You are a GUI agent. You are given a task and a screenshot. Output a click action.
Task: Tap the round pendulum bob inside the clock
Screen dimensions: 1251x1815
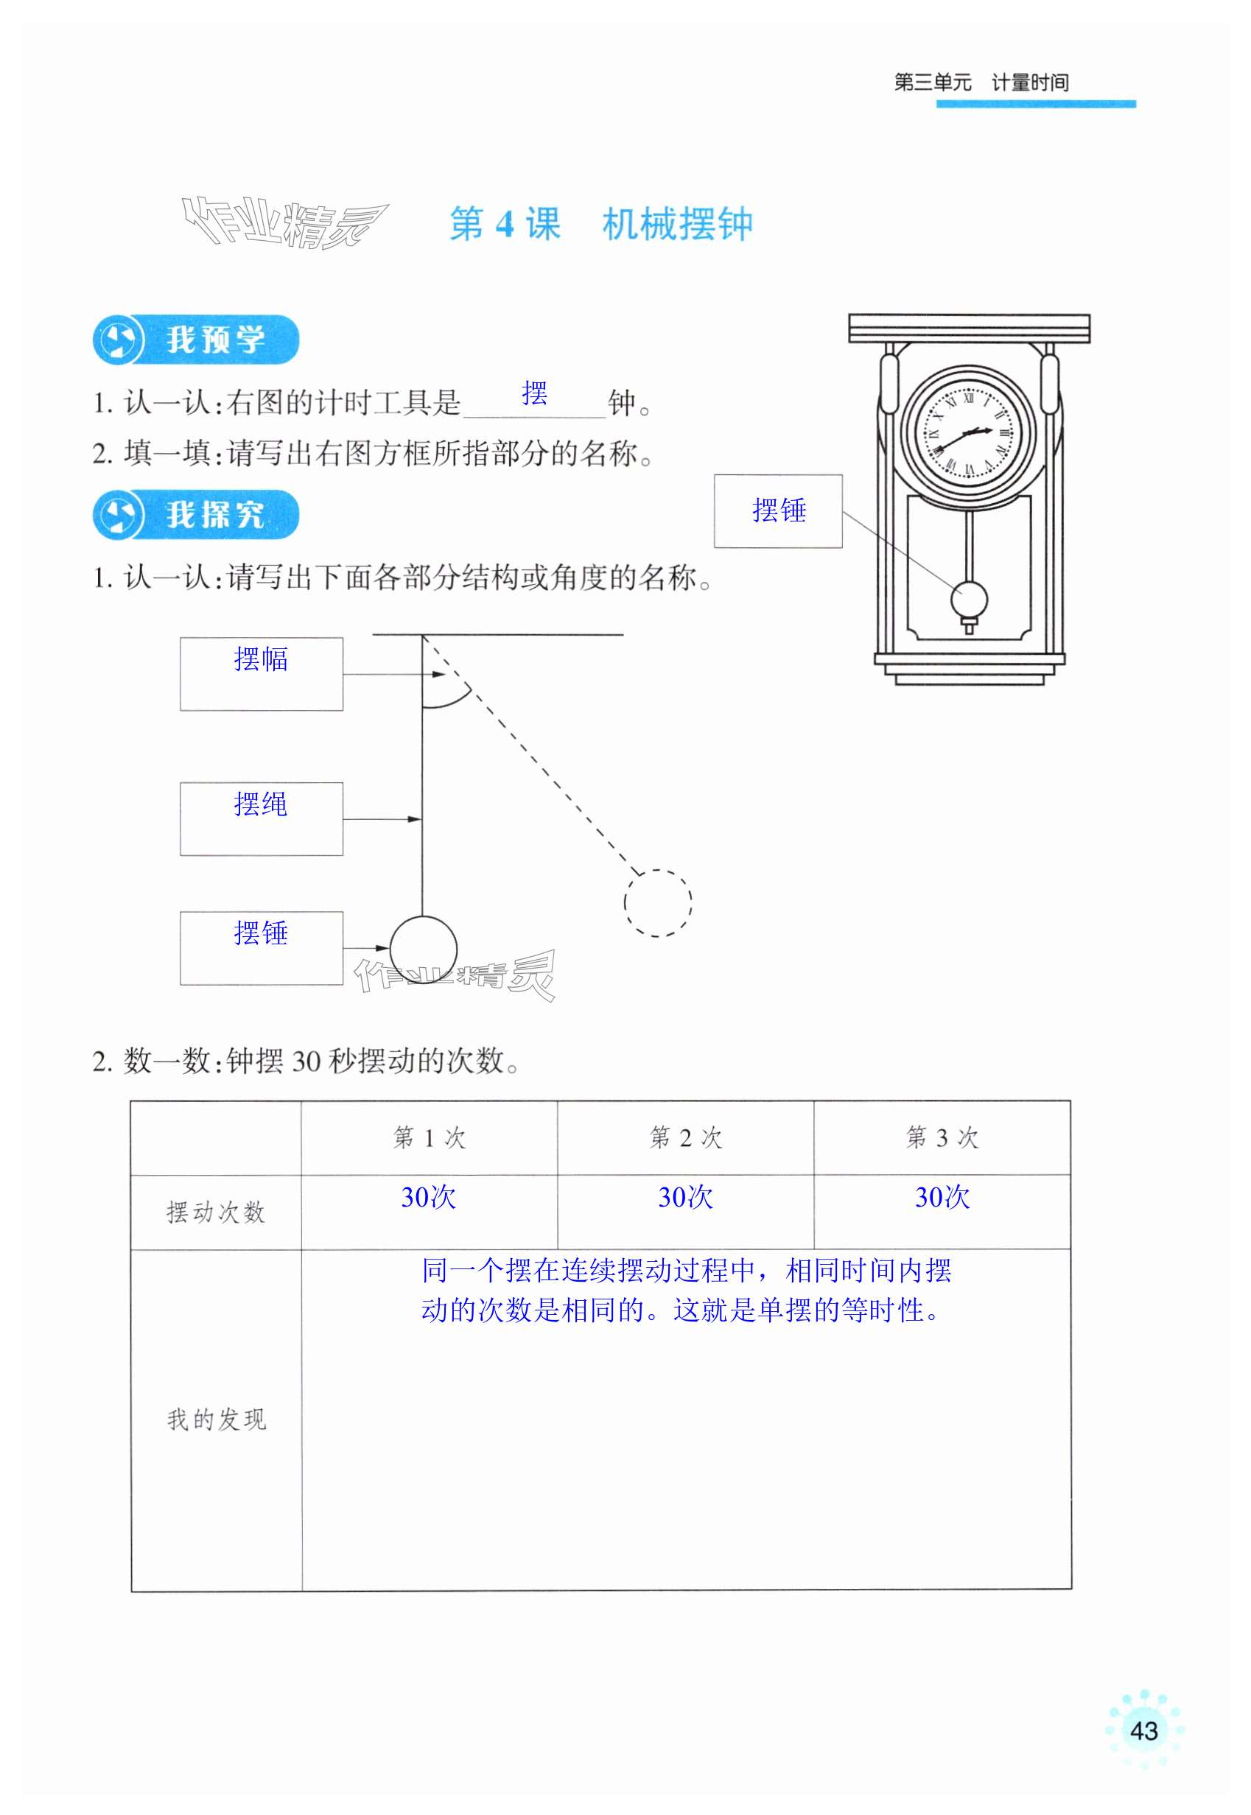click(x=969, y=600)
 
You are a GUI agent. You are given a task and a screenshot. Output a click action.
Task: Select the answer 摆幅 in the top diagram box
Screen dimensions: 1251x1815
click(x=261, y=659)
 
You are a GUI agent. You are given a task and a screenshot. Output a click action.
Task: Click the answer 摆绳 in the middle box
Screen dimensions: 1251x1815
click(x=261, y=804)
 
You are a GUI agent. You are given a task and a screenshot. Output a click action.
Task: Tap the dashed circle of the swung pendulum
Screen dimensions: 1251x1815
click(x=658, y=902)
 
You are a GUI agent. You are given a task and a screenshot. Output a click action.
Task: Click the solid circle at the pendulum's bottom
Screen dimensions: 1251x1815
click(x=424, y=949)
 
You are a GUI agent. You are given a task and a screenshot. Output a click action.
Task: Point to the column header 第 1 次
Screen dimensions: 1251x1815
click(x=429, y=1137)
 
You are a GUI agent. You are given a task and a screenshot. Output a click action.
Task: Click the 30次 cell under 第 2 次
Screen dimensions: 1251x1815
click(x=685, y=1197)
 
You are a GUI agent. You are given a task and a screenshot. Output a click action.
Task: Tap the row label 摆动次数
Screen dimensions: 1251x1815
click(x=216, y=1212)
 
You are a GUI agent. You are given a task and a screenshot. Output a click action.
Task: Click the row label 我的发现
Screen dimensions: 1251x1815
click(x=217, y=1419)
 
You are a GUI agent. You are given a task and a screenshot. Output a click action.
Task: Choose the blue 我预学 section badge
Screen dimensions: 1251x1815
click(x=196, y=340)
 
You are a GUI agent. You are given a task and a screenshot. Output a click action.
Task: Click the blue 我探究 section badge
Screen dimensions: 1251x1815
click(x=196, y=515)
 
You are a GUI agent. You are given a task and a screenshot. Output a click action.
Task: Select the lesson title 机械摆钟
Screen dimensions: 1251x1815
click(x=677, y=225)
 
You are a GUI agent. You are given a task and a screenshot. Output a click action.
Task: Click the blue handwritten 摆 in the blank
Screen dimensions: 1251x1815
click(x=535, y=393)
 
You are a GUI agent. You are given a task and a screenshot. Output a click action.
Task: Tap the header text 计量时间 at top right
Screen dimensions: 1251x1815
click(x=1029, y=82)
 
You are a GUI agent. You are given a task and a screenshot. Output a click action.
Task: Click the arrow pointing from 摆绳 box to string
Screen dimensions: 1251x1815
click(x=382, y=819)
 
